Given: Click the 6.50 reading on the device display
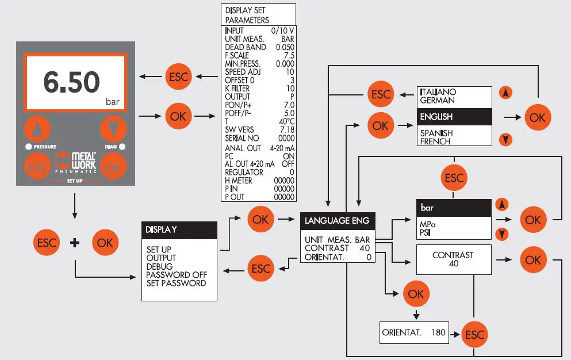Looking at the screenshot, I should pos(72,83).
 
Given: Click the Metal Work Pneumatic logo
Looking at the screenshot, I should pos(75,164).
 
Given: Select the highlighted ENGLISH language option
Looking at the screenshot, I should pos(454,117).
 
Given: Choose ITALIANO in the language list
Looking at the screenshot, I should pos(438,92).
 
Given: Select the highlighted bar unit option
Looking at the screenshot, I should pos(454,208).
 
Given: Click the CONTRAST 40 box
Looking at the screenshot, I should pos(453,259).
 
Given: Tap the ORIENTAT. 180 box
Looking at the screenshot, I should pos(414,333).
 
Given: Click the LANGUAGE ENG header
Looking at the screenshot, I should pos(337,220).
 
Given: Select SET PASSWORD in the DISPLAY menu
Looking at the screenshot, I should pos(176,283).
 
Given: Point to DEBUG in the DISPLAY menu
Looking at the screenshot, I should pos(159,267).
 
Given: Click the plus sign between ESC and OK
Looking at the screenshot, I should pos(75,243).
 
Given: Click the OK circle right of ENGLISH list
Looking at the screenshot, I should pos(537,117).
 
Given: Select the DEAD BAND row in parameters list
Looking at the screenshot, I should pos(259,47).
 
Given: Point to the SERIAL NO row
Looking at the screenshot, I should pos(259,139).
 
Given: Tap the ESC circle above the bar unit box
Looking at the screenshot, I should pos(454,178).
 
